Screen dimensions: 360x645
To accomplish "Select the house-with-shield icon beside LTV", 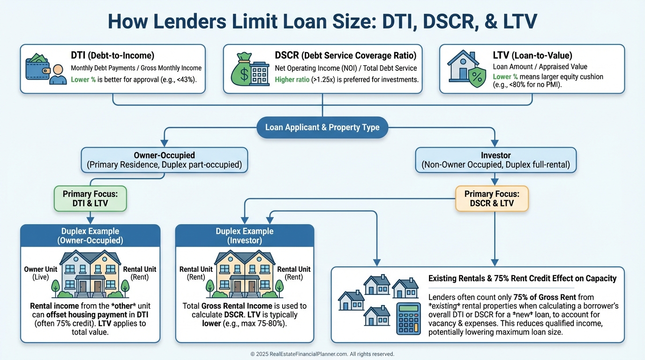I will pyautogui.click(x=466, y=68).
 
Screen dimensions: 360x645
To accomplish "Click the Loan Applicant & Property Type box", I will pyautogui.click(x=322, y=127).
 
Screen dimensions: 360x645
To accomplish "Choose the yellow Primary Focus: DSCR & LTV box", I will pyautogui.click(x=492, y=198).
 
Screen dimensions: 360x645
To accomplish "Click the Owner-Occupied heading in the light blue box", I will pyautogui.click(x=164, y=155).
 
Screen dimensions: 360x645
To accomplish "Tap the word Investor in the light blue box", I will pyautogui.click(x=495, y=155).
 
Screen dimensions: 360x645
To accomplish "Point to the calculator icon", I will pyautogui.click(x=408, y=318).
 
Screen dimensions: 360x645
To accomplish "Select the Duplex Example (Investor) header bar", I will pyautogui.click(x=244, y=236).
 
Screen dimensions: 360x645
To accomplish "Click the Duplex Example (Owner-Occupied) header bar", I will pyautogui.click(x=90, y=236).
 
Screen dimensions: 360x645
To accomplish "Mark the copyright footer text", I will pyautogui.click(x=322, y=354).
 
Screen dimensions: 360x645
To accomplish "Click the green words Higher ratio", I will pyautogui.click(x=292, y=80).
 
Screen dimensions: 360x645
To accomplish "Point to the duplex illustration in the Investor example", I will pyautogui.click(x=244, y=274).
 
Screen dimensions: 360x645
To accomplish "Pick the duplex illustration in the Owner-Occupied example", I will pyautogui.click(x=90, y=274).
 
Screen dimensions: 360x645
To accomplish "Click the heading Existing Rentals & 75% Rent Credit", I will pyautogui.click(x=522, y=278).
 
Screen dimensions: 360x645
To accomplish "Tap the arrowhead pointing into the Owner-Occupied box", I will pyautogui.click(x=164, y=142).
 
